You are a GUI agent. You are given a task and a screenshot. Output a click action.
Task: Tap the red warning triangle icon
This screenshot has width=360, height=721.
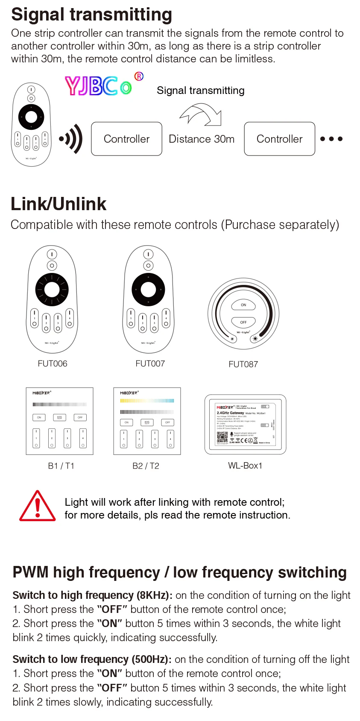[38, 507]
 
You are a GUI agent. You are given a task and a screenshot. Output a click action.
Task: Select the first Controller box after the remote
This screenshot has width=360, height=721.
[126, 139]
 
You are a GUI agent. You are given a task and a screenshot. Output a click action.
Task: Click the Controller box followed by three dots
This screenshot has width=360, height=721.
[279, 139]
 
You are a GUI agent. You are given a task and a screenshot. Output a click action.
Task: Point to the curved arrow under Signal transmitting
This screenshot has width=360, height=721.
[201, 114]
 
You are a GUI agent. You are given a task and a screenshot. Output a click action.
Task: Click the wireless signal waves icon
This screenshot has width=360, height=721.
[72, 139]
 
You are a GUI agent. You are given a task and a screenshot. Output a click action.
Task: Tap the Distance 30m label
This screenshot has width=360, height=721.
[202, 139]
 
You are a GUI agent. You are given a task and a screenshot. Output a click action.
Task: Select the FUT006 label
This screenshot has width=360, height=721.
[53, 363]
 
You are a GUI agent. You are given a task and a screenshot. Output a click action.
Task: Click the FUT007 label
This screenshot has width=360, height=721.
[150, 363]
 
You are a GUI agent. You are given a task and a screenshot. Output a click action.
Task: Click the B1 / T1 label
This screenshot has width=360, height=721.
[61, 466]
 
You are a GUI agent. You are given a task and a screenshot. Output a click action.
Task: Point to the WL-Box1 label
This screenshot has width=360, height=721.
[245, 466]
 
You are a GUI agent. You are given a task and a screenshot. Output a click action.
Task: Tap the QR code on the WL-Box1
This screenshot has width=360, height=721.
[222, 437]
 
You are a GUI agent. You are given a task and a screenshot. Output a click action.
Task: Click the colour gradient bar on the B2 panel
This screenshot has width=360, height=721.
[147, 401]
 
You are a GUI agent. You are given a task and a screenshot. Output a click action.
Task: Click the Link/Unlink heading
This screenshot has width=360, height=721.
[59, 204]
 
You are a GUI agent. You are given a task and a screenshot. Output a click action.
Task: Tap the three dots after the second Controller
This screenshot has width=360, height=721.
[331, 139]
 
